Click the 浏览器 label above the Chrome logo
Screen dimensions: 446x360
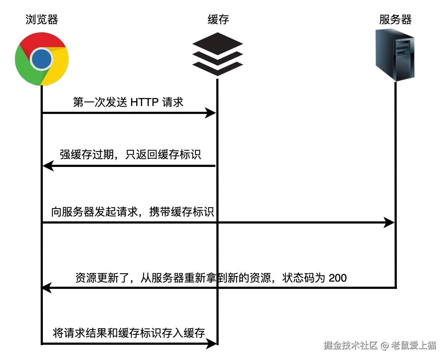(x=42, y=20)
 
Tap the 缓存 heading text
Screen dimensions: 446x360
(x=218, y=20)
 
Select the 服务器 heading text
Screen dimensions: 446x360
(x=395, y=20)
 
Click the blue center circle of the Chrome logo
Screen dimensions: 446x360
(x=41, y=59)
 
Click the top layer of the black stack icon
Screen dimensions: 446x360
(x=218, y=44)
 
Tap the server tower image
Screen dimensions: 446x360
(x=395, y=55)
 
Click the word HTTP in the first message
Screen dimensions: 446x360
(x=144, y=102)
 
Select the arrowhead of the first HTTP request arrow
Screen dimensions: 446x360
(x=210, y=113)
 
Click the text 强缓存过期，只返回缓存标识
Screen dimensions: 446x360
(x=130, y=155)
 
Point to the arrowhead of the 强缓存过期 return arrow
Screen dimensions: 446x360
(x=48, y=166)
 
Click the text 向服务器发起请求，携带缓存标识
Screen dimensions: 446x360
(x=133, y=212)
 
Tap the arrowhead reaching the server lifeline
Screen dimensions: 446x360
(x=389, y=222)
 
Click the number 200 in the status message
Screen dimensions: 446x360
(x=337, y=278)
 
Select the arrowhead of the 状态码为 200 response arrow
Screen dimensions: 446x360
(x=46, y=288)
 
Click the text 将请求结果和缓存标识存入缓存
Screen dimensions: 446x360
(x=129, y=333)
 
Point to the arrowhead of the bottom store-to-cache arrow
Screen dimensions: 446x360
(x=211, y=343)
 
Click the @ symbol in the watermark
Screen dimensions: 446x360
(x=384, y=345)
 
